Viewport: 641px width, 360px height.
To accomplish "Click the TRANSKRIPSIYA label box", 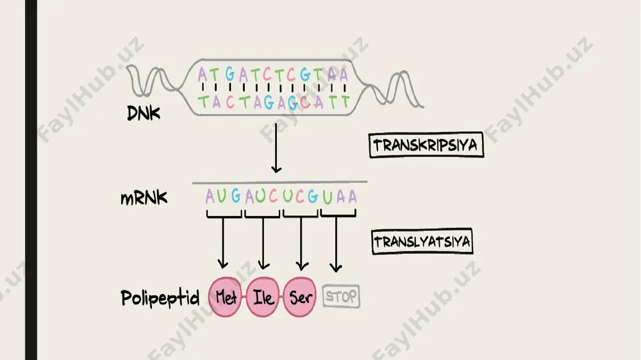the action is pyautogui.click(x=426, y=145).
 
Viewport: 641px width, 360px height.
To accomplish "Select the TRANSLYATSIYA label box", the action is pyautogui.click(x=422, y=241).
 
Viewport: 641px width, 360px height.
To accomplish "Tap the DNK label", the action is pyautogui.click(x=143, y=113).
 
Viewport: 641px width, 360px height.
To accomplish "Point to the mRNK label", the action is pyautogui.click(x=144, y=198).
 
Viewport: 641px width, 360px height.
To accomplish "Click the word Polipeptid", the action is pyautogui.click(x=160, y=299).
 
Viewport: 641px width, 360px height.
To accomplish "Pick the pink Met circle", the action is pyautogui.click(x=225, y=297).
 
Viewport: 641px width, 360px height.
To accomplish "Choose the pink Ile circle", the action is pyautogui.click(x=263, y=297).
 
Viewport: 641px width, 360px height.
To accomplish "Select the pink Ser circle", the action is pyautogui.click(x=299, y=297).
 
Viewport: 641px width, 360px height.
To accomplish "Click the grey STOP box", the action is pyautogui.click(x=342, y=296).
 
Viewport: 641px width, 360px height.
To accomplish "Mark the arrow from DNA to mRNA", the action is pyautogui.click(x=276, y=148).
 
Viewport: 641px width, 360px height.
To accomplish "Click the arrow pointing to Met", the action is pyautogui.click(x=223, y=243).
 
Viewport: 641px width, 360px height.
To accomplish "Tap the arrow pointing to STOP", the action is pyautogui.click(x=336, y=244).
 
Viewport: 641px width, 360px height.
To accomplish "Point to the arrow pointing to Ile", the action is pyautogui.click(x=263, y=243).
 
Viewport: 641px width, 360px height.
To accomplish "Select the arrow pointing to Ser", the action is pyautogui.click(x=302, y=244).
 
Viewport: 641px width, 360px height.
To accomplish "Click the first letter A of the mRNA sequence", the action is pyautogui.click(x=210, y=196).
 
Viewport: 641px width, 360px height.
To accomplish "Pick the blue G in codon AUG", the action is pyautogui.click(x=236, y=196).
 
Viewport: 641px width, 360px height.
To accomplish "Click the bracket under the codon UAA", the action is pyautogui.click(x=338, y=214).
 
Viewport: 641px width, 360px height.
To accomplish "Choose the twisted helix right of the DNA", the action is pyautogui.click(x=395, y=90).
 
